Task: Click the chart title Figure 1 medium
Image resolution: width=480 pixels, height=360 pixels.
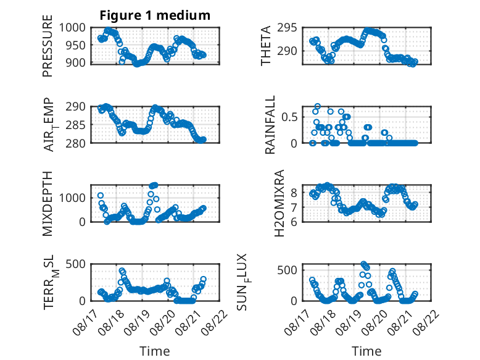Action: [155, 15]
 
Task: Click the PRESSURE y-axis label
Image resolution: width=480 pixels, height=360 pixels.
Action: [48, 46]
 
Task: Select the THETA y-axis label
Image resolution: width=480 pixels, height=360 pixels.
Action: [266, 46]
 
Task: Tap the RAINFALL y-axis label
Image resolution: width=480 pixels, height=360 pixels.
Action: [270, 125]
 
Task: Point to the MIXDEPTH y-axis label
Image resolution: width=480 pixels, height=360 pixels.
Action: [48, 203]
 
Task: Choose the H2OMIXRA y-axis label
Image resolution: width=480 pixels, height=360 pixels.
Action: [279, 203]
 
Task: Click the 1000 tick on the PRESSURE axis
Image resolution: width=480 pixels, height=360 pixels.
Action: [72, 28]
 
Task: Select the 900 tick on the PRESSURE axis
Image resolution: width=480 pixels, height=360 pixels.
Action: [76, 62]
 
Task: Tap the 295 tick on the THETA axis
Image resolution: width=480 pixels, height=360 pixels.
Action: [287, 28]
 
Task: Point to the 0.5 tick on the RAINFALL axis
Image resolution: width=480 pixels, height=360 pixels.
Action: [289, 117]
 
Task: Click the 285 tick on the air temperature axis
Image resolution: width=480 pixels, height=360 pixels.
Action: [76, 125]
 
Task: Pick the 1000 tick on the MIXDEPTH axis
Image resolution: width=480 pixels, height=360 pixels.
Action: [72, 198]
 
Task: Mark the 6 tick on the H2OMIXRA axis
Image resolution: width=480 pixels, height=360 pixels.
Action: [294, 222]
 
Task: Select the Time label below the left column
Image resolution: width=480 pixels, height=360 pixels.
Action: [155, 351]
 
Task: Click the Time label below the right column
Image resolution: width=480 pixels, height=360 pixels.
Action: [366, 351]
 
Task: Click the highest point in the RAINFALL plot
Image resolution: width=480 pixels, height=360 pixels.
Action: [318, 106]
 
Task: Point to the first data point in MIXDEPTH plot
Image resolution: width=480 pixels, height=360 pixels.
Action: [101, 195]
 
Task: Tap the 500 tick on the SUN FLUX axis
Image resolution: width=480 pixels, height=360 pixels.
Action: [287, 270]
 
